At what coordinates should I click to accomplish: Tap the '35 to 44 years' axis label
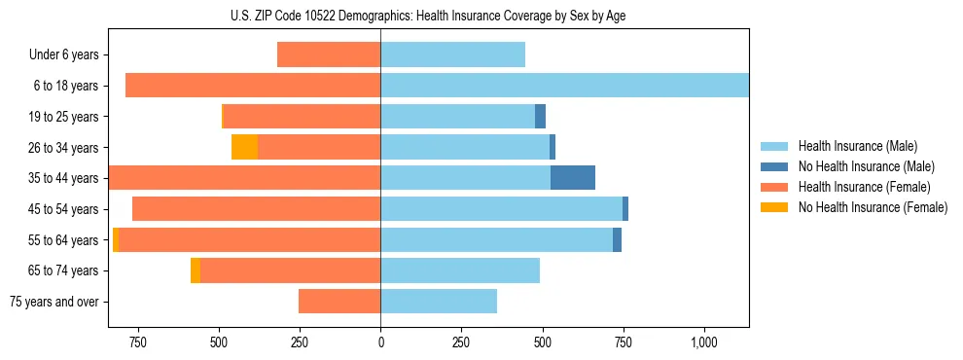click(x=63, y=178)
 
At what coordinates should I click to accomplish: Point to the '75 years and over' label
click(x=54, y=302)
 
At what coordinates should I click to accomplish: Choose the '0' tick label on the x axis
click(x=380, y=342)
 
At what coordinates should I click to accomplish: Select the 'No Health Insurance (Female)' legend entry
click(x=873, y=207)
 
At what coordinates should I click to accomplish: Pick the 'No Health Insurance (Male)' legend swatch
click(x=775, y=166)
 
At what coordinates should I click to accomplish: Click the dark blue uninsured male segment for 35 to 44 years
click(x=573, y=178)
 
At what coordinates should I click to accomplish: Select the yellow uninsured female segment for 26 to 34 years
click(x=244, y=147)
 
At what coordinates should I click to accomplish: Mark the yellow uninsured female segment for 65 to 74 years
click(x=196, y=270)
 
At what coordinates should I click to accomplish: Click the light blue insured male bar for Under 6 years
click(x=452, y=55)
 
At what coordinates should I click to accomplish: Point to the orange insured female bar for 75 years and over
click(x=339, y=302)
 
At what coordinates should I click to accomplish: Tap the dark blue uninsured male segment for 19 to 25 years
click(x=540, y=117)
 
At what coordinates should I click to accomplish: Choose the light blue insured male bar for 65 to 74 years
click(x=459, y=270)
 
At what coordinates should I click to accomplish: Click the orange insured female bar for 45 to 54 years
click(x=256, y=209)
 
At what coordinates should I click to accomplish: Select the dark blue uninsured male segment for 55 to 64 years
click(x=617, y=239)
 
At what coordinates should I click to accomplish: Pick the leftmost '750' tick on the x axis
click(x=137, y=342)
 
